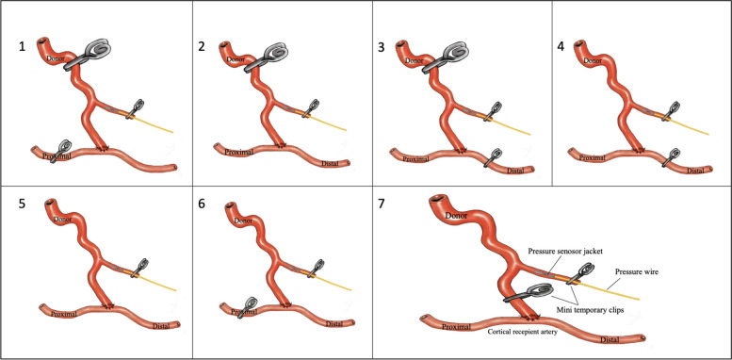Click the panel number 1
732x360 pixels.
pos(22,47)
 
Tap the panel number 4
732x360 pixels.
pos(561,47)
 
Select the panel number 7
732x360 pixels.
pos(382,205)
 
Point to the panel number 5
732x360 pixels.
pos(22,205)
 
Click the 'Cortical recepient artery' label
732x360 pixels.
pos(523,333)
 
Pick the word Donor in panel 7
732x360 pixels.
pos(456,216)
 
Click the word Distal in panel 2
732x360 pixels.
pos(330,163)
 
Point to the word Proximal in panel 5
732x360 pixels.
pos(63,313)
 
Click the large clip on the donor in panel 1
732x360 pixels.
pos(89,54)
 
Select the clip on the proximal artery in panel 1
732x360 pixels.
pos(60,151)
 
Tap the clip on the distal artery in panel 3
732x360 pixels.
pos(493,156)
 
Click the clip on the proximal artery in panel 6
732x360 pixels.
pos(248,307)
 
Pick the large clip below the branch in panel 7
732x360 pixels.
pos(528,293)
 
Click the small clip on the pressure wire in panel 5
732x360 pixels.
pos(139,268)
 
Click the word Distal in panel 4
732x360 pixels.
pos(695,171)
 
